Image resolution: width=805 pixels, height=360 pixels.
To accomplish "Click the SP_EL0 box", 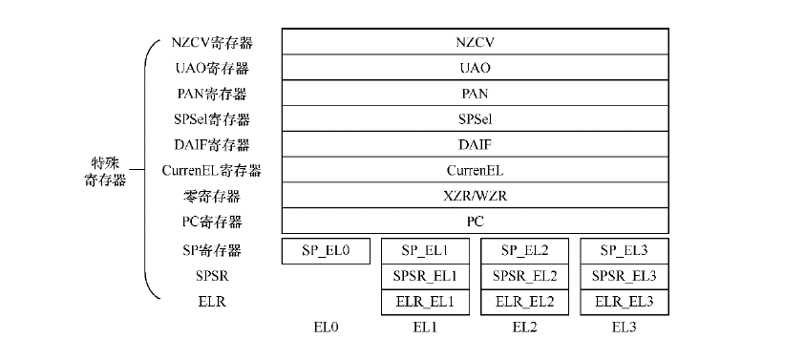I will (326, 251).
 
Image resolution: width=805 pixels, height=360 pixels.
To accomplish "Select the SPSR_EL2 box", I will (525, 276).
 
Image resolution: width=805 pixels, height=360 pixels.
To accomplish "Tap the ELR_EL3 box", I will (625, 301).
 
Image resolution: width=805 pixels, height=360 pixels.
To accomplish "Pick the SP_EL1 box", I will (425, 251).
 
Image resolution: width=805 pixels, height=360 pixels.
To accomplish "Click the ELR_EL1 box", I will (425, 301).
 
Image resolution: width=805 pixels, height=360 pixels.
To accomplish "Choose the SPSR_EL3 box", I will (625, 276).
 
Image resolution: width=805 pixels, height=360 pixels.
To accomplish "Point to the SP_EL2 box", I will (525, 251).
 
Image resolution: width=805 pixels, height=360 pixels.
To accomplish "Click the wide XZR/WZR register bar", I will (475, 196).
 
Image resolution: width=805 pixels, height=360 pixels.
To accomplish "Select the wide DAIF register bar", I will (475, 145).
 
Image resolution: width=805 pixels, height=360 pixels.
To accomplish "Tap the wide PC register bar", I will (475, 221).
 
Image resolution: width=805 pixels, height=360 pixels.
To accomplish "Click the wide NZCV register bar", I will (475, 43).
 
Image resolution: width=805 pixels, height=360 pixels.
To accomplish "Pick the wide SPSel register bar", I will (475, 119).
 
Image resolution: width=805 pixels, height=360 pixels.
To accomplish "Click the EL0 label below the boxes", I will (326, 327).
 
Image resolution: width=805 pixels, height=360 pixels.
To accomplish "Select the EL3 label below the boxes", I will (625, 327).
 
